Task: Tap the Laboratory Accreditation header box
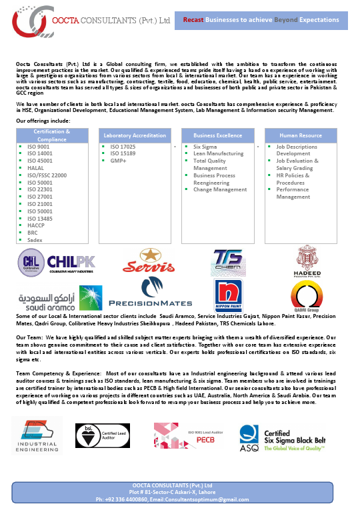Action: click(x=135, y=135)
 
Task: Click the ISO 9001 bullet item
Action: click(x=39, y=147)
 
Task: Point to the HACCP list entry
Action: click(x=36, y=225)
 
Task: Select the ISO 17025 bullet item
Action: click(x=123, y=147)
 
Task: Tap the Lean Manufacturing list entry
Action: click(x=218, y=154)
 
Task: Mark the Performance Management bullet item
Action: click(x=293, y=193)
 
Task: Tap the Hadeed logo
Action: click(x=308, y=261)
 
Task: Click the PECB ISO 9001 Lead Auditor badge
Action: click(x=185, y=435)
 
